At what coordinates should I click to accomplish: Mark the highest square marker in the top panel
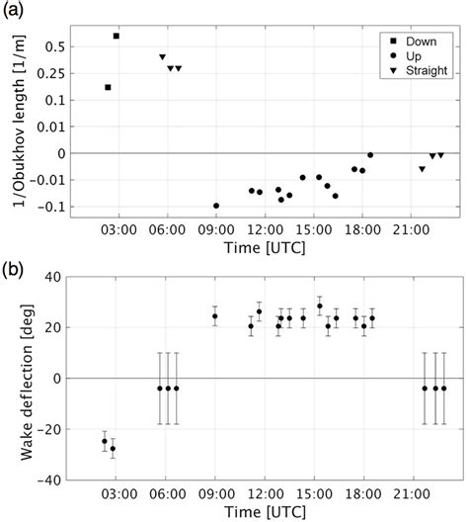[x=117, y=36]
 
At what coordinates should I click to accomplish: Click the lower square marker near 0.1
[x=108, y=87]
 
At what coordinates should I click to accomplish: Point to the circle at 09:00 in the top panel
[x=216, y=206]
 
